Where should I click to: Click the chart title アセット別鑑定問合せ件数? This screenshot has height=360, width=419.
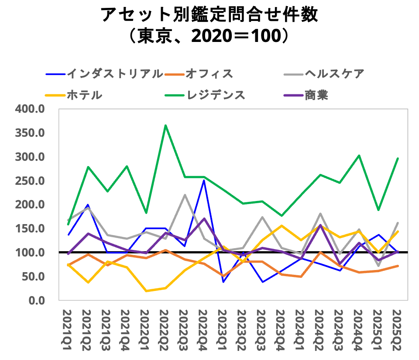click(209, 15)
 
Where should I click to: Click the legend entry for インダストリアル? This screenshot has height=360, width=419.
click(114, 73)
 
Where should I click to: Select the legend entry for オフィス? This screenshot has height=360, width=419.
click(209, 73)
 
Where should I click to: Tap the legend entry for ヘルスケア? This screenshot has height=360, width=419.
click(334, 73)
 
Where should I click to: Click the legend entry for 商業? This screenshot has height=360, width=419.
click(316, 95)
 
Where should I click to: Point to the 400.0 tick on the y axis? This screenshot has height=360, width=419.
click(30, 109)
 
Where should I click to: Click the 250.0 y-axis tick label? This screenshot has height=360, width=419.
click(30, 180)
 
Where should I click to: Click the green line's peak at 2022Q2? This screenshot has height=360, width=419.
click(165, 125)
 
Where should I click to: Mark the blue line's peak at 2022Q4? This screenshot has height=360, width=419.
click(204, 180)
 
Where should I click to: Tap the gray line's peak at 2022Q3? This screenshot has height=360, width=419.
click(185, 195)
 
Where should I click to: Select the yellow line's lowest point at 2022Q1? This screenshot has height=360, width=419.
click(146, 291)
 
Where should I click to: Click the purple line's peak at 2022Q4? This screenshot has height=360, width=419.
click(204, 218)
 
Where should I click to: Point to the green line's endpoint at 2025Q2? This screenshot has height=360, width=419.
click(398, 158)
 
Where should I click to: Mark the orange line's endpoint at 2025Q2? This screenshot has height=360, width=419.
click(398, 266)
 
